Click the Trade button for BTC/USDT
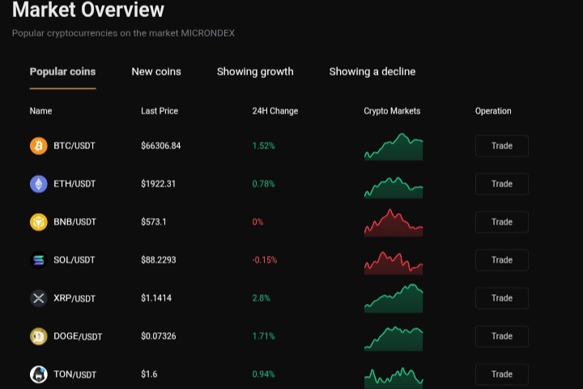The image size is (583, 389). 501,146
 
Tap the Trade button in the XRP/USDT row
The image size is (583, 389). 501,298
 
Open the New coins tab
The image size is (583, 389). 156,71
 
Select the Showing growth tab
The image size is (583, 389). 255,71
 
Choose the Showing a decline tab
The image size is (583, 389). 372,71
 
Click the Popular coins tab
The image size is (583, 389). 62,71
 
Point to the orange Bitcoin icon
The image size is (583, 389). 39,146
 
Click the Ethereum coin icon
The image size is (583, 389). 39,184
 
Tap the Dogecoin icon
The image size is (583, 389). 39,336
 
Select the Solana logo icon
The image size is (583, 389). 39,260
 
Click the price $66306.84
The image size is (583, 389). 160,146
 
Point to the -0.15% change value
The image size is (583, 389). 264,260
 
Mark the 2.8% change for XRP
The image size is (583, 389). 261,298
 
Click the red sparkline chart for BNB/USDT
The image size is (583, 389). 394,223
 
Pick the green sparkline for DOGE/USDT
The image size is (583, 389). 394,339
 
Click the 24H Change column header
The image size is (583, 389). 275,111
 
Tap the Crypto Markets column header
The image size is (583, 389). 392,111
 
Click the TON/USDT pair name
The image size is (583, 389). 74,374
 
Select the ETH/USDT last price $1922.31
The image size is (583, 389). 158,184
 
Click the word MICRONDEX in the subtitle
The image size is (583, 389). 207,33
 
